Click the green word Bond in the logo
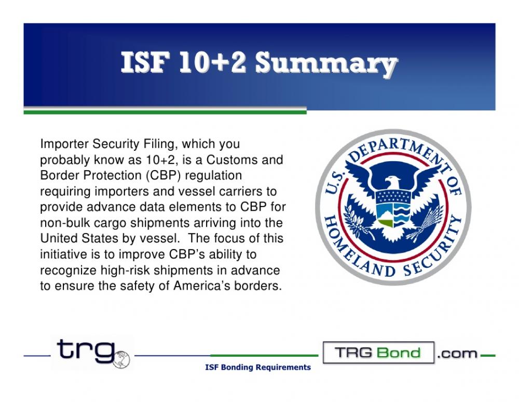(400, 353)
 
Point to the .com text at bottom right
(457, 354)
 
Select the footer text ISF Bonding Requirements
(258, 368)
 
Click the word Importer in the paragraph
(61, 143)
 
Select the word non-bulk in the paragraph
(61, 223)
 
